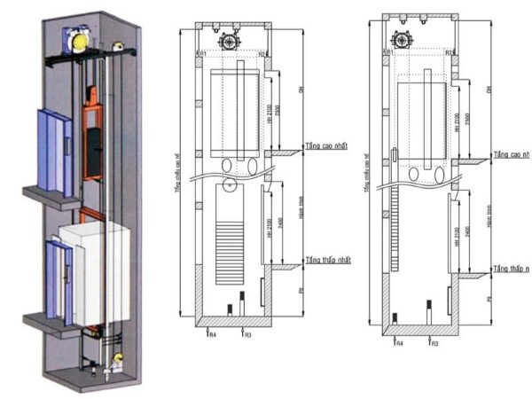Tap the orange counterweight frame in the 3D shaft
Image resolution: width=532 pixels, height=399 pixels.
point(92,134)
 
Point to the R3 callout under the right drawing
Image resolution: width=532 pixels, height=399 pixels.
point(434,341)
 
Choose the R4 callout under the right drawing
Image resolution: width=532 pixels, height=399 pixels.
point(399,341)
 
